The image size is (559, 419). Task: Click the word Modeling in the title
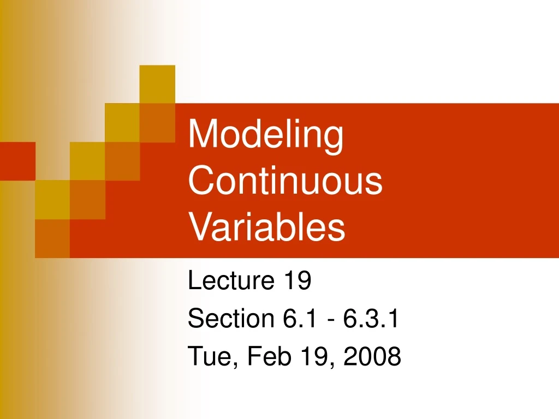click(x=266, y=136)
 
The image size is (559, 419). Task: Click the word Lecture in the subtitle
click(x=230, y=282)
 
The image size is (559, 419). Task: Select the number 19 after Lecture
click(x=297, y=282)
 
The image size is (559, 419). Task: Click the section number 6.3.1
click(x=371, y=319)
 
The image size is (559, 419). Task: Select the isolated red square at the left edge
click(x=17, y=161)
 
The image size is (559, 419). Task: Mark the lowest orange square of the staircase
click(x=52, y=238)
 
